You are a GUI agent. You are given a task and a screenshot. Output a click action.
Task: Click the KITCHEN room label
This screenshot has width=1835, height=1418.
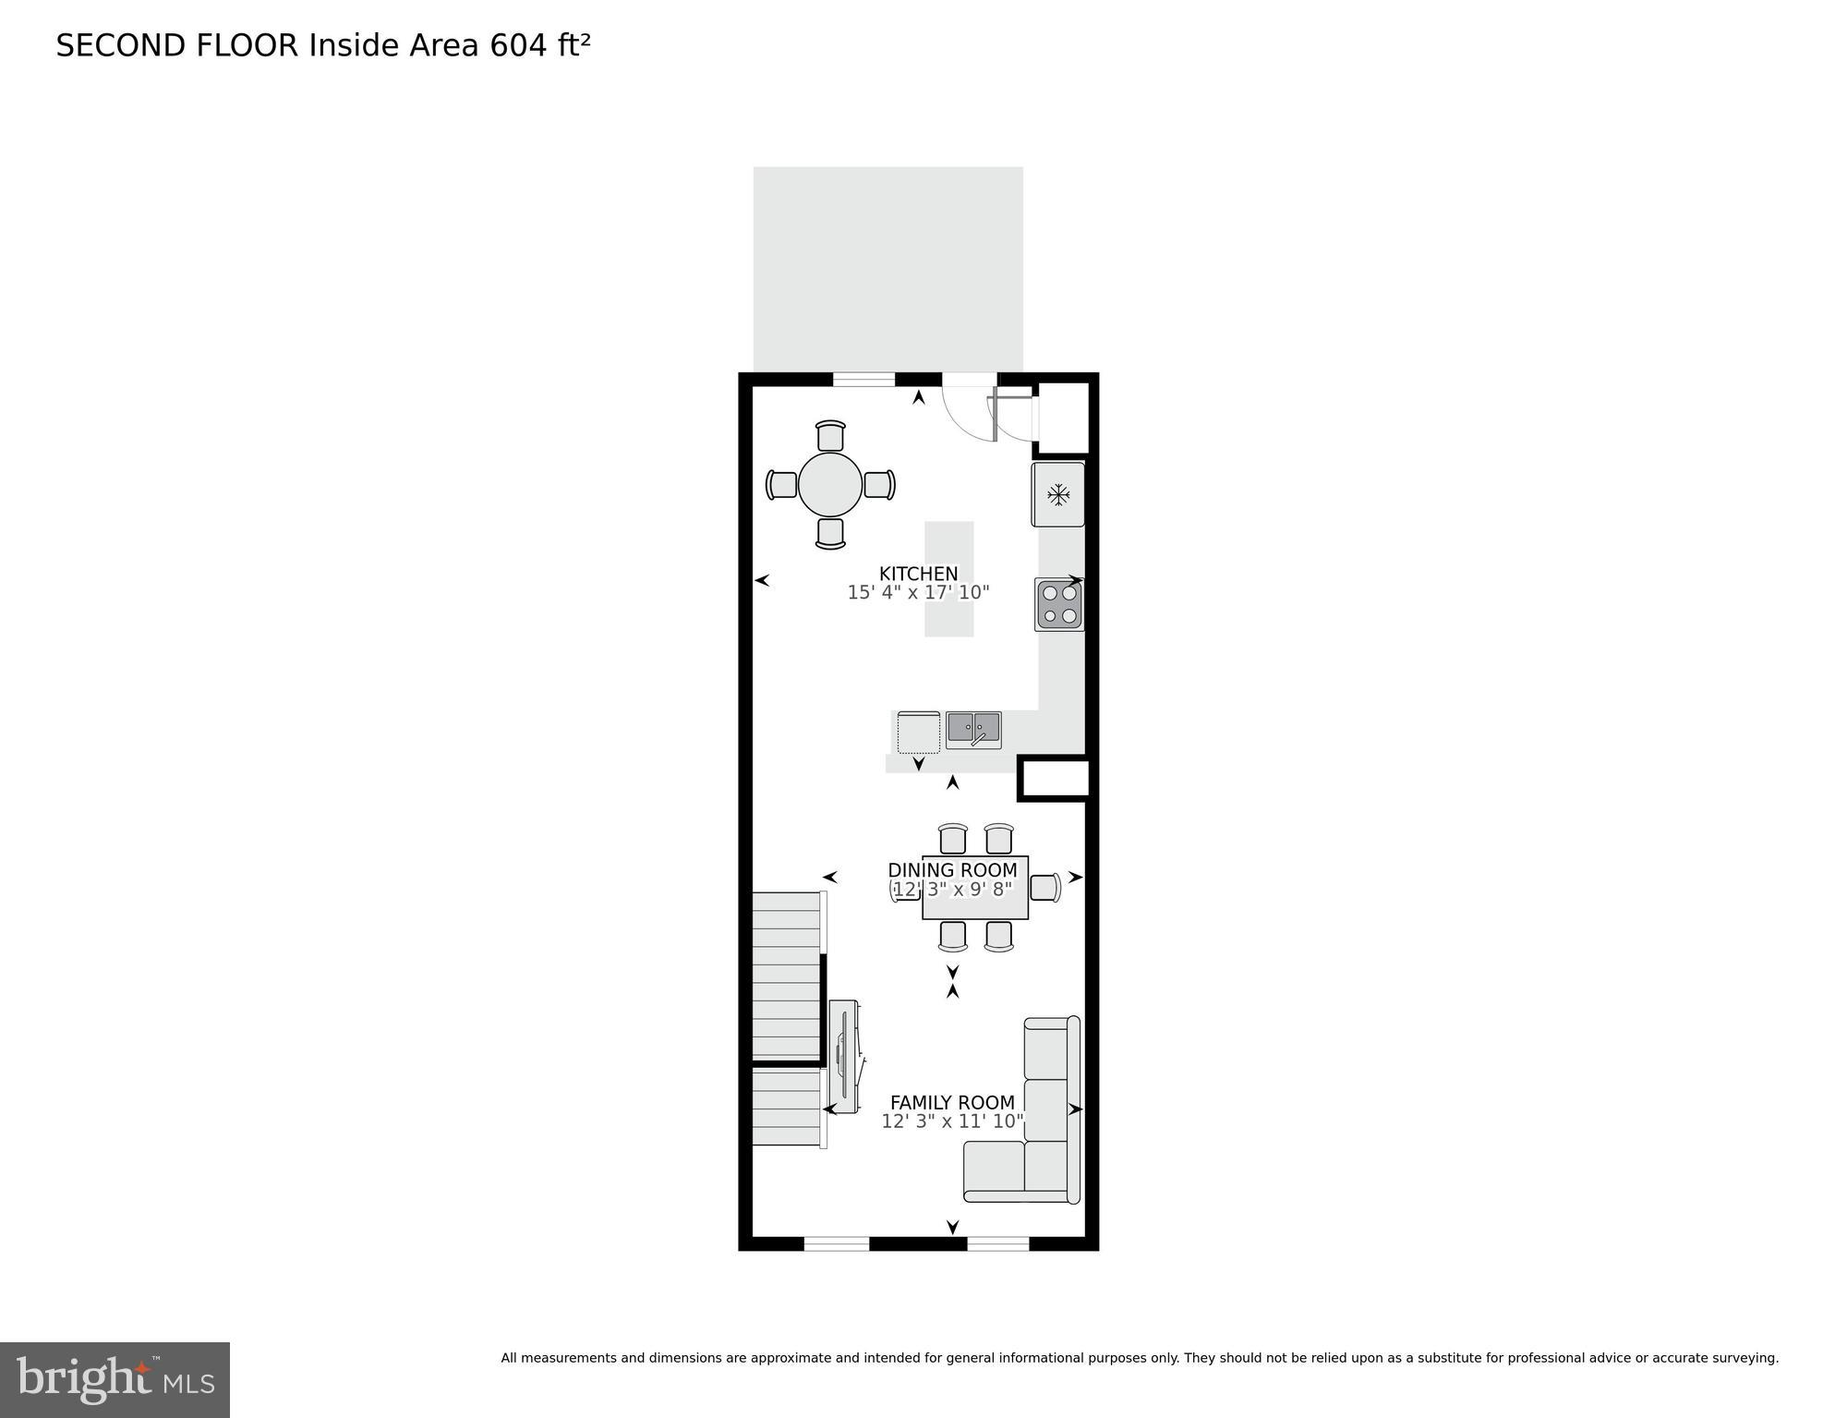point(918,574)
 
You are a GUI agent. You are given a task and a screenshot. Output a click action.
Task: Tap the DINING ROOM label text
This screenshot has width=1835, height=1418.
point(952,870)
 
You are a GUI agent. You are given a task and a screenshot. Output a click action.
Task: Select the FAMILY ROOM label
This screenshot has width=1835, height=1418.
point(952,1102)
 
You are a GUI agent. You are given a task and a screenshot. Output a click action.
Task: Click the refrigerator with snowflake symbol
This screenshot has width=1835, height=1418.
point(1058,495)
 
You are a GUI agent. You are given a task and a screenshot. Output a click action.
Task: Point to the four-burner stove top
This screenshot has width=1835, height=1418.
point(1059,605)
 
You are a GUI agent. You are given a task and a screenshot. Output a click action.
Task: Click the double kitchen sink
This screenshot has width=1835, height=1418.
point(973,730)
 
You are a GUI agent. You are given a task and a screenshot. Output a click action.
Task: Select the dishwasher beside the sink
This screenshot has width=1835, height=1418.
point(918,732)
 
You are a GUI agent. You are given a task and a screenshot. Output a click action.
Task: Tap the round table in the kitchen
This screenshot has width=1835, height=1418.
point(830,484)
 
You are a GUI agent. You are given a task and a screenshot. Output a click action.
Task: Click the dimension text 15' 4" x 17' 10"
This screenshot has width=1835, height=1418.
point(918,593)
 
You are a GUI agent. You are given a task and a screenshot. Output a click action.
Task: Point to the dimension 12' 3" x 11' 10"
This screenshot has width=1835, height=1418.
point(952,1121)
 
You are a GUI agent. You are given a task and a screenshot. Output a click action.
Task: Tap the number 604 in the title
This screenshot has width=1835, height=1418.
point(519,45)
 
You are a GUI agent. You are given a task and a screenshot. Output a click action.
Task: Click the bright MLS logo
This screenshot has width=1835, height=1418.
point(115,1379)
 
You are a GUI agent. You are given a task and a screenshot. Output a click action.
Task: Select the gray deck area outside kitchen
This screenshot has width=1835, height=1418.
point(887,268)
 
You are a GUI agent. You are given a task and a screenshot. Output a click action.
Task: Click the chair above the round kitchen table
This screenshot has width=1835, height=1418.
point(830,436)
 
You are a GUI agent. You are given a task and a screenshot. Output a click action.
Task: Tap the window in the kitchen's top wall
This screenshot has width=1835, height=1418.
point(863,379)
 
